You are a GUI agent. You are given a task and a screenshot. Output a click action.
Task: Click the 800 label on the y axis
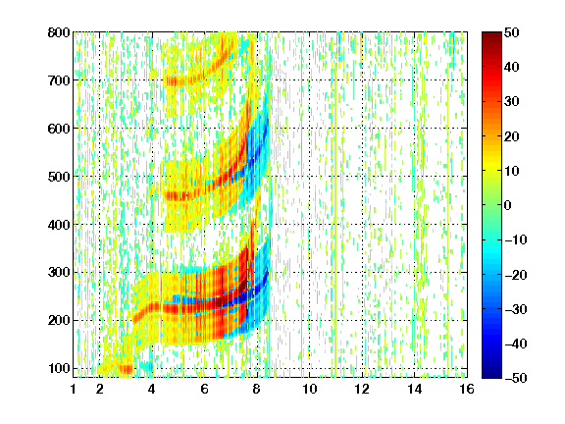click(x=59, y=32)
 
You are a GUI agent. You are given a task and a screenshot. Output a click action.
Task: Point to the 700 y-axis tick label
click(x=59, y=80)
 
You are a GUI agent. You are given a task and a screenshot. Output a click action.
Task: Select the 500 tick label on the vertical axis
click(x=59, y=177)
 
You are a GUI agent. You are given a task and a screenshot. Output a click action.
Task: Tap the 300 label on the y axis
click(x=59, y=273)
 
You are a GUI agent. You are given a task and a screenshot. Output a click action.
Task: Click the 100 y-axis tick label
click(x=59, y=368)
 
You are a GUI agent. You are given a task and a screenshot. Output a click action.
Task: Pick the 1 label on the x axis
click(x=74, y=389)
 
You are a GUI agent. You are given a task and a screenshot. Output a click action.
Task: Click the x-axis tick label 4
click(x=152, y=389)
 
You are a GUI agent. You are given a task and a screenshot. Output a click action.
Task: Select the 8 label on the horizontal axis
click(x=257, y=389)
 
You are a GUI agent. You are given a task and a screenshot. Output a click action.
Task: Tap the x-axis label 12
click(x=362, y=389)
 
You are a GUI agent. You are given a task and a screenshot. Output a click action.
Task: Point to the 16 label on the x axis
click(x=467, y=389)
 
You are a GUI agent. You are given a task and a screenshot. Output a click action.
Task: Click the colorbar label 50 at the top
click(x=512, y=32)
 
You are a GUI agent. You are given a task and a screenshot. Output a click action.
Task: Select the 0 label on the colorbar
click(x=508, y=205)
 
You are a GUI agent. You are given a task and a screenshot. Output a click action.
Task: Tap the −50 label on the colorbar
click(x=516, y=378)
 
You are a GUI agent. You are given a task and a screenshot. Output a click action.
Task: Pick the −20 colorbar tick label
click(x=516, y=275)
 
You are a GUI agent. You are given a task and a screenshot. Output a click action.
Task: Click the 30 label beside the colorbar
click(x=512, y=102)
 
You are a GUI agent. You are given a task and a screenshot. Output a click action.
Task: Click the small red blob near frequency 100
click(x=126, y=369)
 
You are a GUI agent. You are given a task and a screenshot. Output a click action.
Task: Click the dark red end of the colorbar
click(x=491, y=39)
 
